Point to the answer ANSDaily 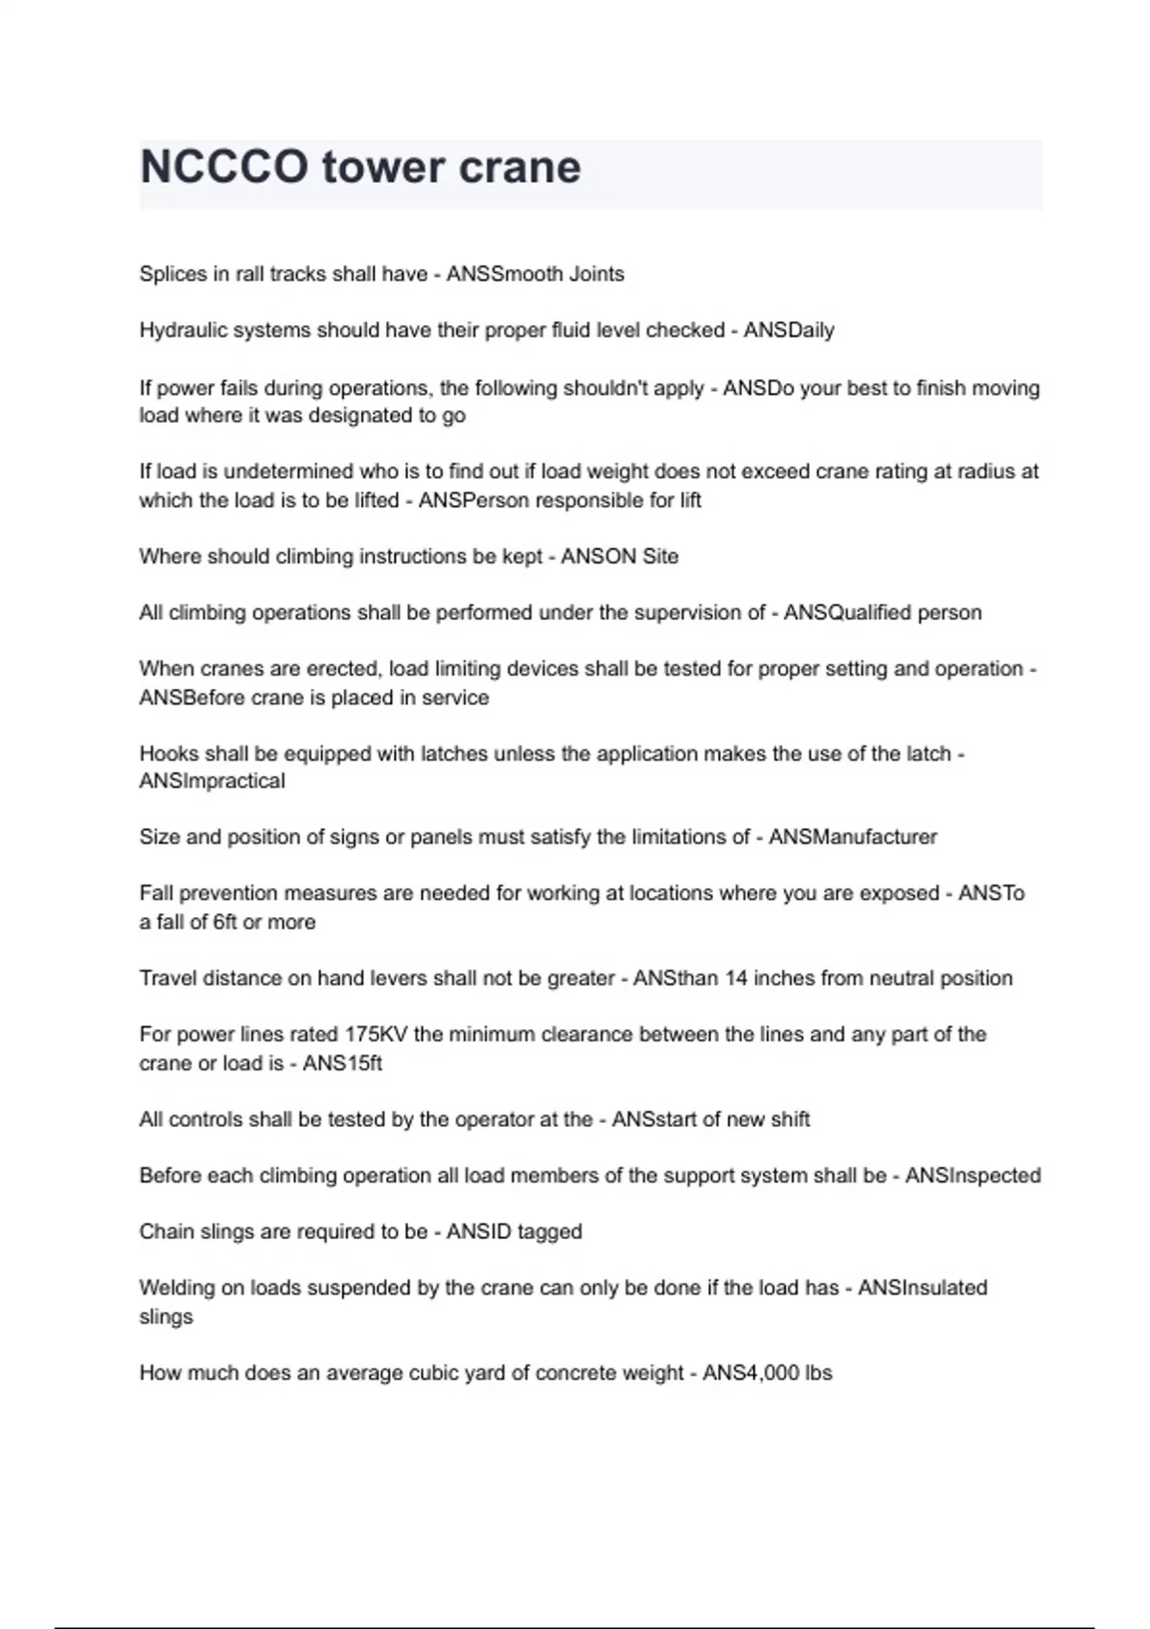tap(789, 331)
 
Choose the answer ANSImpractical tap(212, 781)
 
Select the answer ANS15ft tap(342, 1064)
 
